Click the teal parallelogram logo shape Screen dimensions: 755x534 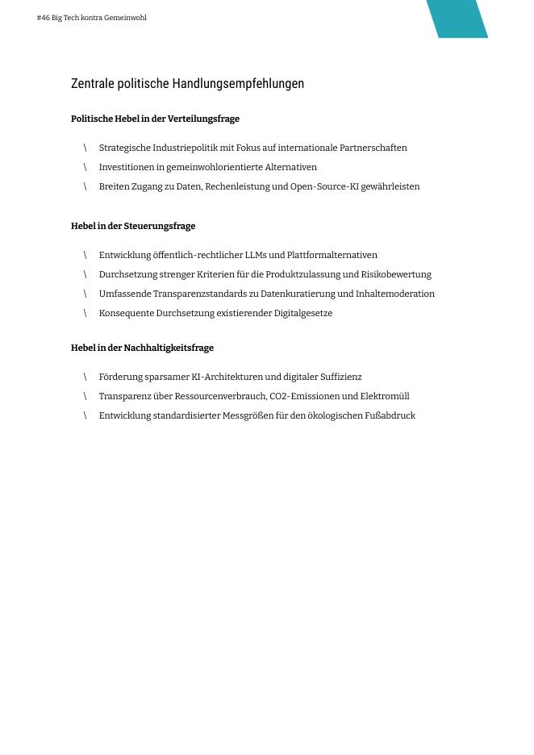[457, 19]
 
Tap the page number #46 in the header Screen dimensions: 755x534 [43, 18]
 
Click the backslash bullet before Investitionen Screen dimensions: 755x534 [85, 168]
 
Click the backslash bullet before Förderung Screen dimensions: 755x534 [85, 377]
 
